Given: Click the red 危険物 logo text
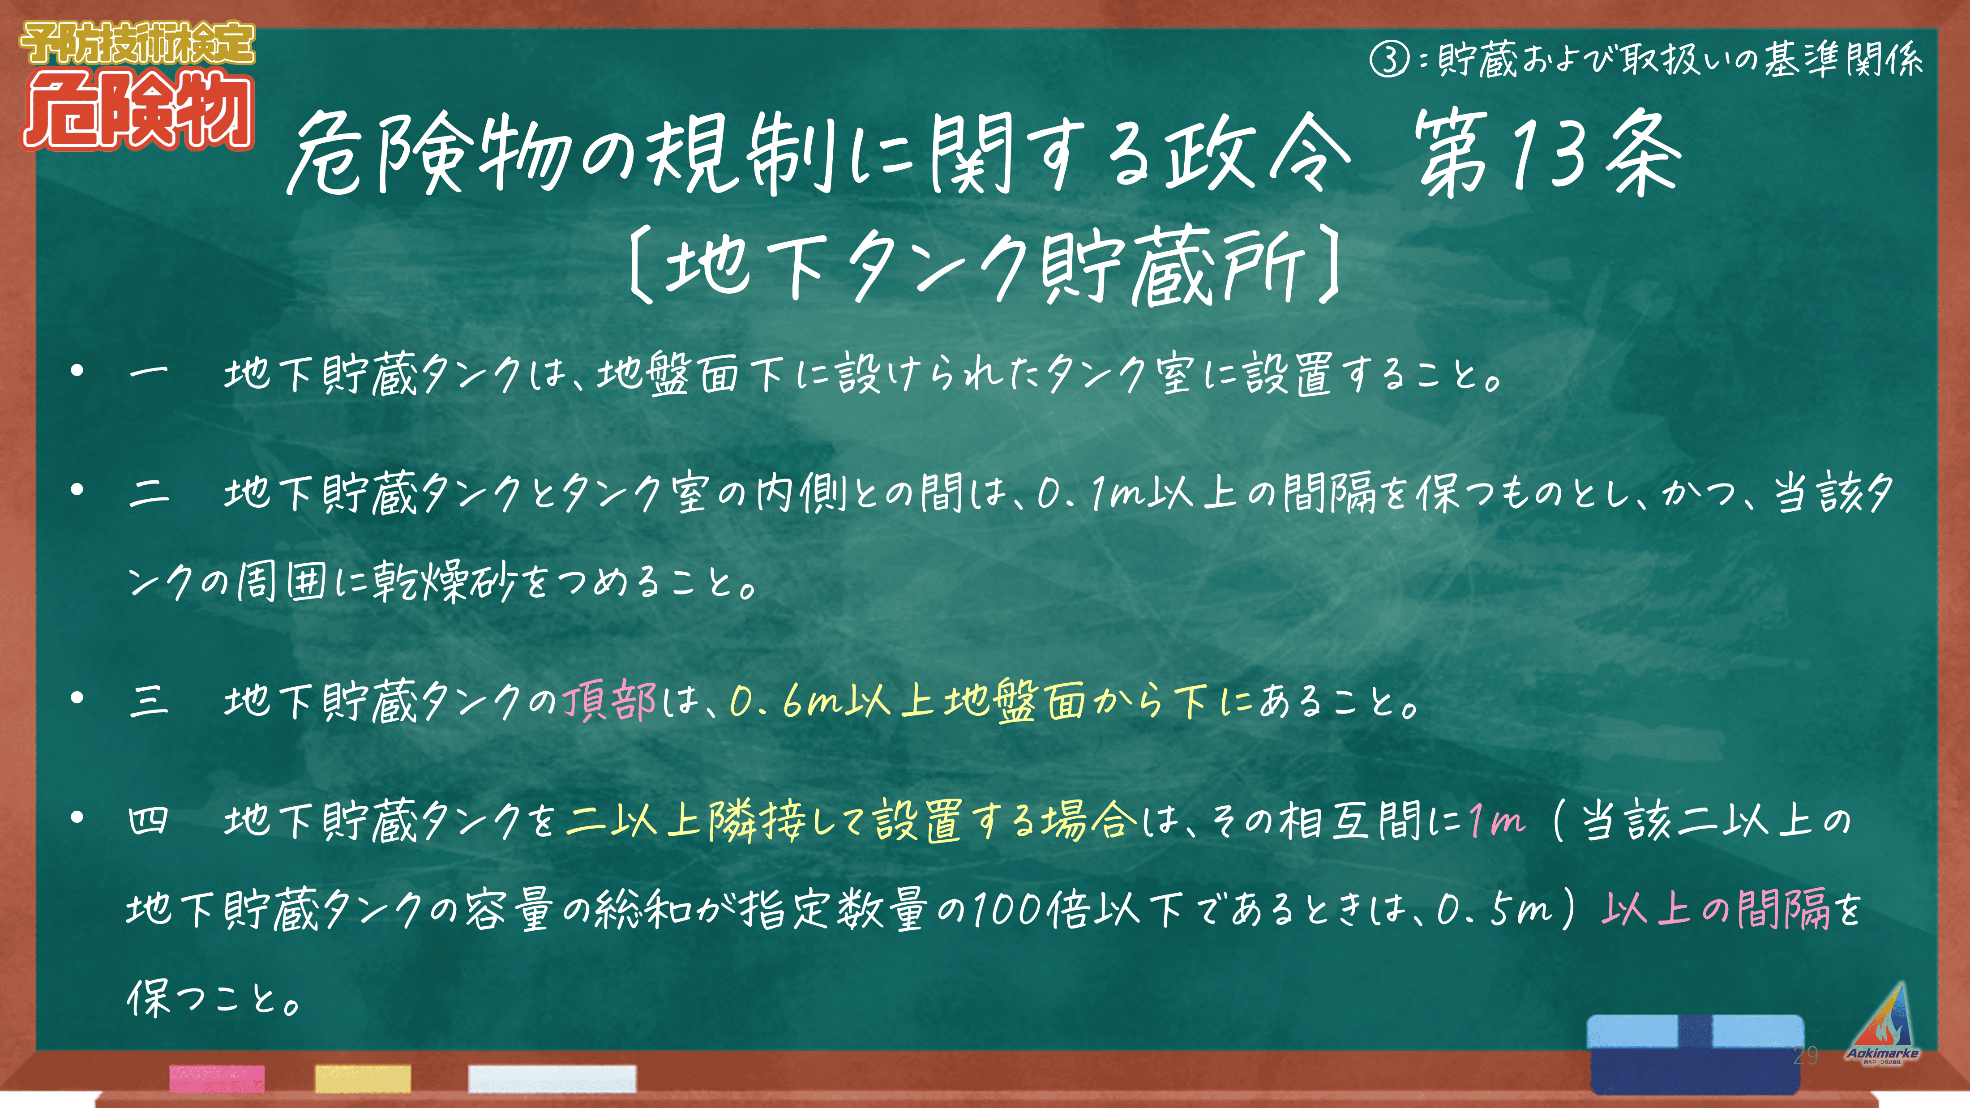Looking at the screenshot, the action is click(x=137, y=109).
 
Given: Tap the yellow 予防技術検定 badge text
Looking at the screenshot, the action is click(x=137, y=43).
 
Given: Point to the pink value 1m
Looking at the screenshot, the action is click(x=1497, y=821).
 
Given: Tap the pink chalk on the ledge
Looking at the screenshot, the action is click(x=217, y=1078).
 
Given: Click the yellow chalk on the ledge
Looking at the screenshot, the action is click(x=363, y=1078).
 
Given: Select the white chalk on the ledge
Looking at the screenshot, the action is click(x=552, y=1078).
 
